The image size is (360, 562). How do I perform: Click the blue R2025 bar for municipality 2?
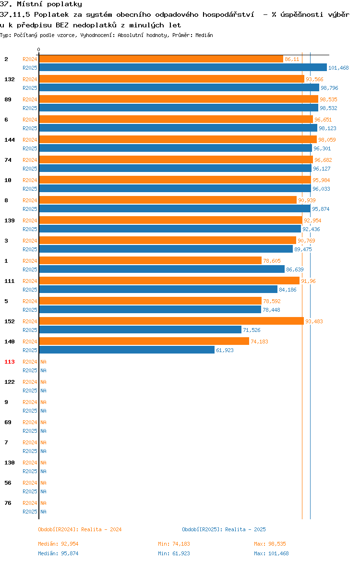coord(183,67)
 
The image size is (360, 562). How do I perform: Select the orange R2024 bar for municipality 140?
coord(144,341)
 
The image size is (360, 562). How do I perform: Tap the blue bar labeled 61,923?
coord(127,350)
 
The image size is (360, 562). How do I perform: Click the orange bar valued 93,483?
coord(171,321)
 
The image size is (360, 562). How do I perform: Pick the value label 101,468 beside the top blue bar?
coord(338,68)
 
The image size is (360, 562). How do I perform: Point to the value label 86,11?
coord(292,59)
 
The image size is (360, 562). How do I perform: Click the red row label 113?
coord(9,362)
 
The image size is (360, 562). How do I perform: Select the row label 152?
coord(9,321)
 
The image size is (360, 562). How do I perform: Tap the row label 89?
coord(8,99)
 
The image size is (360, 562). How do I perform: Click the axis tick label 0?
coord(39,50)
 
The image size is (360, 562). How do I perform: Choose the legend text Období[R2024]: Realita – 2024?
coord(80,529)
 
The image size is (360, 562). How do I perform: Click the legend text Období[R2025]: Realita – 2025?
coord(224,529)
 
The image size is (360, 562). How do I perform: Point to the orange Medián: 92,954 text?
coord(58,544)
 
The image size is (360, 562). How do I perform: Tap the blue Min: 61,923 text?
coord(174,553)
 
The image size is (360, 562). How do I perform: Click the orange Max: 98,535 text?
coord(270,544)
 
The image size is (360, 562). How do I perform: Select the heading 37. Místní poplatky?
coord(41,4)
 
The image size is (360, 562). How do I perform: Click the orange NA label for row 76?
coord(43,503)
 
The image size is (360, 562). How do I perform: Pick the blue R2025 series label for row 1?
coord(30,269)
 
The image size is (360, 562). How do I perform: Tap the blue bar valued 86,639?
coord(162,269)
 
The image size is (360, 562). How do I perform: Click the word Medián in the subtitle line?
coord(204,35)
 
